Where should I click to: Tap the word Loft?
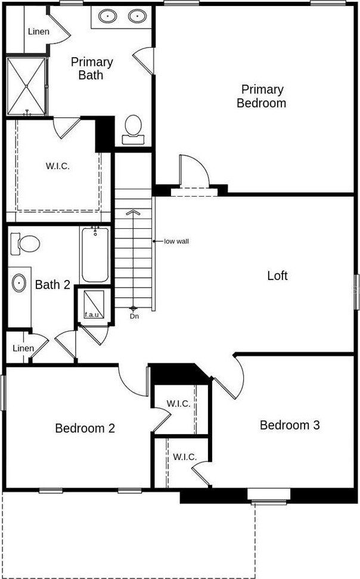pyautogui.click(x=277, y=275)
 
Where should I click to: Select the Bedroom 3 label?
pyautogui.click(x=290, y=425)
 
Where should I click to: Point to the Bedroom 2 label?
pyautogui.click(x=85, y=428)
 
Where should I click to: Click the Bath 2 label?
pyautogui.click(x=52, y=285)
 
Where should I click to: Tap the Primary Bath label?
pyautogui.click(x=92, y=69)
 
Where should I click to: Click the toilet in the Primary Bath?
pyautogui.click(x=133, y=129)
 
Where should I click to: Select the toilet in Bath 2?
pyautogui.click(x=25, y=243)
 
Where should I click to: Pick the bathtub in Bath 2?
pyautogui.click(x=95, y=255)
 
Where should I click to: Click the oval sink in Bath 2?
pyautogui.click(x=20, y=282)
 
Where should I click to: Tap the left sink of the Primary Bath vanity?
pyautogui.click(x=108, y=15)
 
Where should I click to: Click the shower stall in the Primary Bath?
pyautogui.click(x=26, y=86)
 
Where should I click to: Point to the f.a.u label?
pyautogui.click(x=92, y=313)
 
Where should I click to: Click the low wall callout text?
pyautogui.click(x=176, y=241)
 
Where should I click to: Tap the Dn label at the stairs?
pyautogui.click(x=134, y=316)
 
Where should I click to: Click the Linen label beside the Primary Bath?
pyautogui.click(x=38, y=32)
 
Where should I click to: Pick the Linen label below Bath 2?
pyautogui.click(x=23, y=348)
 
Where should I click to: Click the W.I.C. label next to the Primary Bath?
pyautogui.click(x=57, y=166)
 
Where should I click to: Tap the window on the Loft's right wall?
pyautogui.click(x=356, y=291)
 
